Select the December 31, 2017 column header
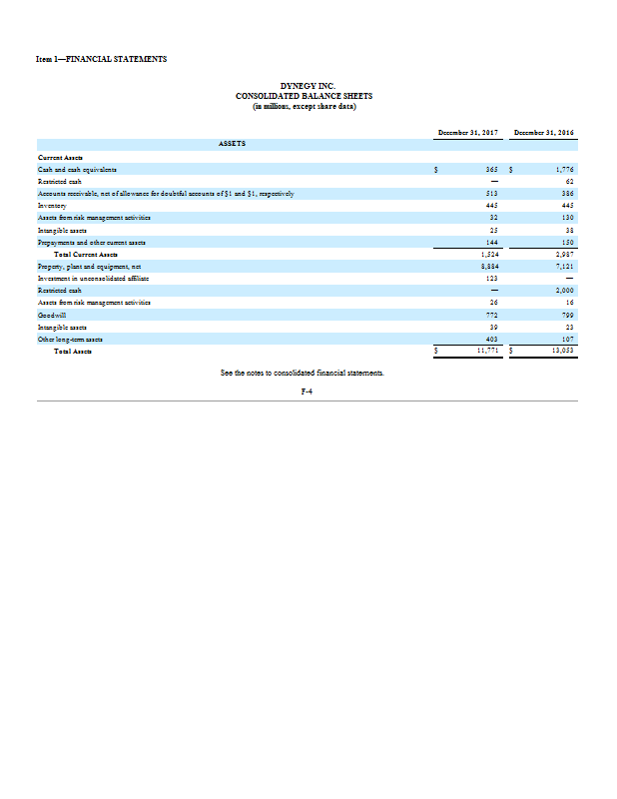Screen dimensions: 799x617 [x=467, y=133]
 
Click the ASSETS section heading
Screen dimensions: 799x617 [x=234, y=143]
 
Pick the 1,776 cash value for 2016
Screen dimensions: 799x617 [x=565, y=170]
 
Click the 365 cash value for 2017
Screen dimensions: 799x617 [x=490, y=170]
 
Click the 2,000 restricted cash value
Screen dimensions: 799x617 [x=565, y=290]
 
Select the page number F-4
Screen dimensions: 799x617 [x=308, y=391]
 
